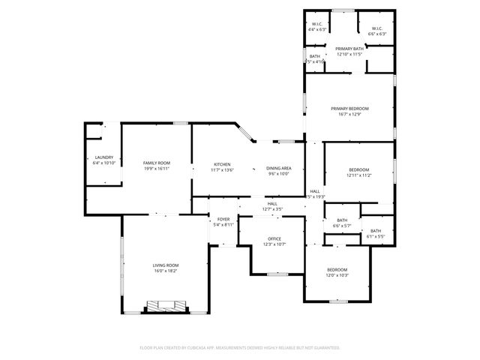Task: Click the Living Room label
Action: (x=166, y=265)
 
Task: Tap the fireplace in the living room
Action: (x=164, y=306)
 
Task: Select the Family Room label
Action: (x=157, y=163)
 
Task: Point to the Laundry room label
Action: (x=103, y=157)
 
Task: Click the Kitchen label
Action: (x=222, y=164)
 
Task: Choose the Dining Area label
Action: (x=279, y=168)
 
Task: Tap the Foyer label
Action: (x=223, y=219)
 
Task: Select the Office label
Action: (x=274, y=238)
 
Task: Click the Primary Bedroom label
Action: (x=349, y=109)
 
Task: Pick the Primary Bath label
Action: (x=349, y=49)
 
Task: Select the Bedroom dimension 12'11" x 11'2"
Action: (x=359, y=175)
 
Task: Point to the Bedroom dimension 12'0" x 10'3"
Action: (x=337, y=275)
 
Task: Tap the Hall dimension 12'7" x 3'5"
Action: (x=271, y=208)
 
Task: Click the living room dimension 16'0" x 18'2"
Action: (x=166, y=271)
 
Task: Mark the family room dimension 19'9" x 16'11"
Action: (x=157, y=169)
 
